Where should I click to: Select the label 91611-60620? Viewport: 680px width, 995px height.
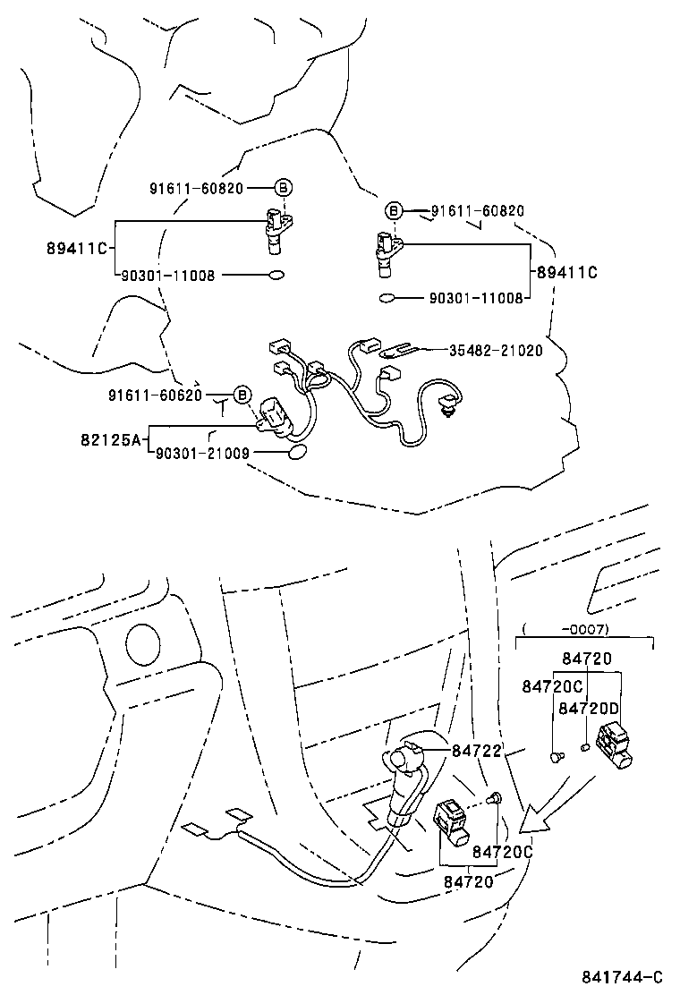(156, 395)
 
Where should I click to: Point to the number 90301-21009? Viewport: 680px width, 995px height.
(202, 454)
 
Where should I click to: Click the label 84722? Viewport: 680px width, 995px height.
(476, 752)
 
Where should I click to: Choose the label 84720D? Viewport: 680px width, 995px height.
(588, 708)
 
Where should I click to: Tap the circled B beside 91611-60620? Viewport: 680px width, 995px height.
(242, 395)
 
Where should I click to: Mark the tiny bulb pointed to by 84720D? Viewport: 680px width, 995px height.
(585, 747)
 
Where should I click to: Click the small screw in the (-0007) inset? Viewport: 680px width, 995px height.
(556, 757)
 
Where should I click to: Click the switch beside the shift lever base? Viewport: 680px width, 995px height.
(453, 821)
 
